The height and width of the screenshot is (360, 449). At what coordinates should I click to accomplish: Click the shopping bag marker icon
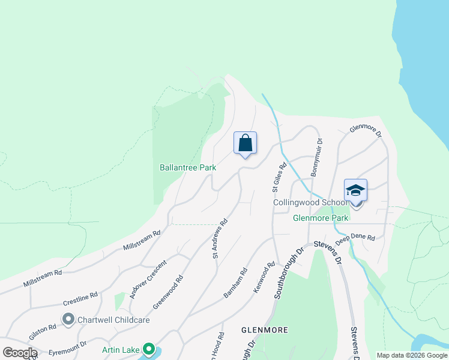coord(245,144)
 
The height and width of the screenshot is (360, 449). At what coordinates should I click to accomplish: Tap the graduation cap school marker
coord(355,191)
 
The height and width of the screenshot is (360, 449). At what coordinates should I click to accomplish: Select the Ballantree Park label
coord(188,168)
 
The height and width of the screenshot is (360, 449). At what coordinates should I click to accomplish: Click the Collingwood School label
coord(310,203)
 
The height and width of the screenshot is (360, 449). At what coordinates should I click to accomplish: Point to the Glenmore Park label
coord(321,218)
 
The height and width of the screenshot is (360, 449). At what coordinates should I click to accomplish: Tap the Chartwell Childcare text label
coord(113,320)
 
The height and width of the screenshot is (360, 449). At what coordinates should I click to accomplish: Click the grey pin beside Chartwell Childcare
coord(68,320)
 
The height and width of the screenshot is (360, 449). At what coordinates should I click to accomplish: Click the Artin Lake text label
coord(120,349)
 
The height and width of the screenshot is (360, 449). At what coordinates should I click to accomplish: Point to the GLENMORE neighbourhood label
coord(264,330)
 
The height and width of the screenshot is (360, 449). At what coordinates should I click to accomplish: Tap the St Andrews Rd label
coord(220,238)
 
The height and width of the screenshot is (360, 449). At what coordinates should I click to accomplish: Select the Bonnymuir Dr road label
coord(316,157)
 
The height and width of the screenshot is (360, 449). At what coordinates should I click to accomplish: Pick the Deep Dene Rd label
coord(355,238)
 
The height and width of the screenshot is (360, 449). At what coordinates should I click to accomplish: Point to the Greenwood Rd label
coord(167,292)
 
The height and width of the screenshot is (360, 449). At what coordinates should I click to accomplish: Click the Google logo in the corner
coord(20,353)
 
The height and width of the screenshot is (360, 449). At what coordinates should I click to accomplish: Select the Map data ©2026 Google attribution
coord(411,355)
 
